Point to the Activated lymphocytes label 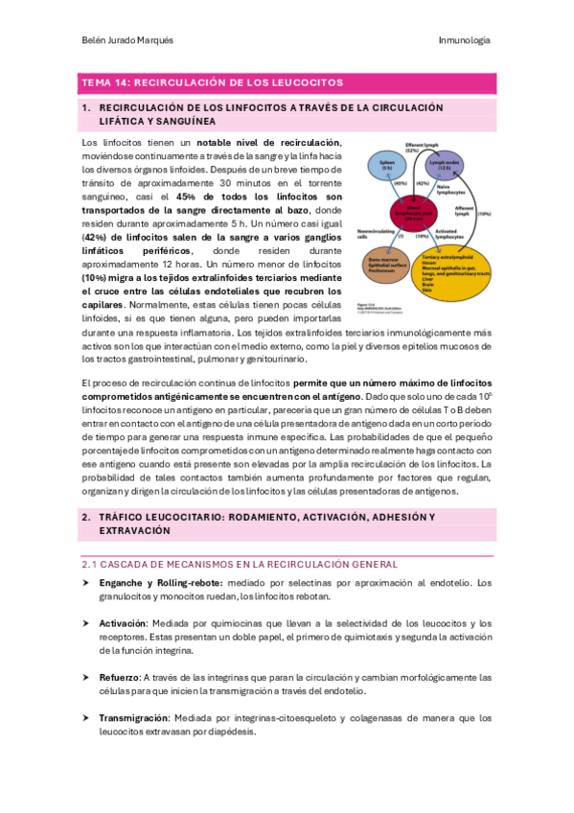[x=444, y=234]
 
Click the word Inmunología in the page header [x=464, y=40]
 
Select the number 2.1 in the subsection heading [x=89, y=564]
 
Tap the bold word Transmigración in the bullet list [x=133, y=717]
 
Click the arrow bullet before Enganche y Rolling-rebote [x=86, y=582]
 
